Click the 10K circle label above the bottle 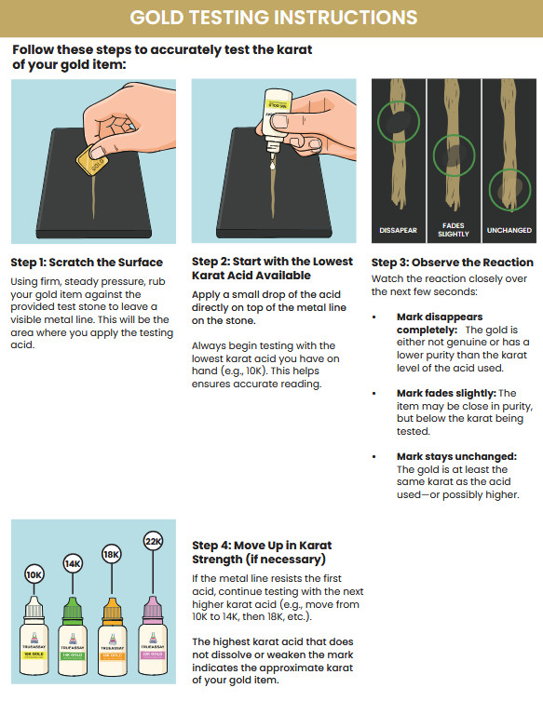pyautogui.click(x=34, y=574)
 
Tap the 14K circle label pyautogui.click(x=73, y=563)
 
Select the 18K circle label pyautogui.click(x=112, y=555)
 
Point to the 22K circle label pyautogui.click(x=153, y=541)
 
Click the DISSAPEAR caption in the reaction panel pyautogui.click(x=398, y=230)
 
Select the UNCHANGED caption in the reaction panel pyautogui.click(x=509, y=230)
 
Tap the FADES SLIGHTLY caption pyautogui.click(x=453, y=230)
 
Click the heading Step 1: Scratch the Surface pyautogui.click(x=87, y=263)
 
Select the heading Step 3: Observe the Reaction pyautogui.click(x=453, y=263)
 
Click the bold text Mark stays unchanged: pyautogui.click(x=456, y=456)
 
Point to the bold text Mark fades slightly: pyautogui.click(x=446, y=393)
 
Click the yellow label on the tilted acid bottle pyautogui.click(x=278, y=104)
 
